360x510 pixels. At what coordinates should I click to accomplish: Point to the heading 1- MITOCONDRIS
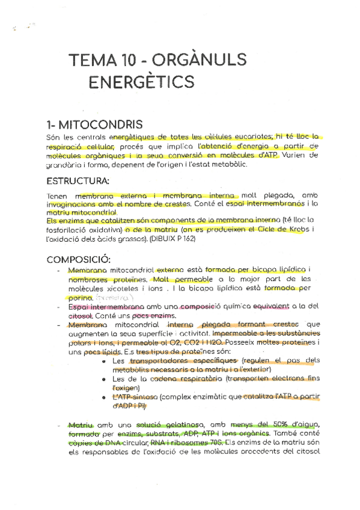[94, 124]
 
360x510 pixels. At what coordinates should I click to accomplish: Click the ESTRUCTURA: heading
[78, 180]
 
